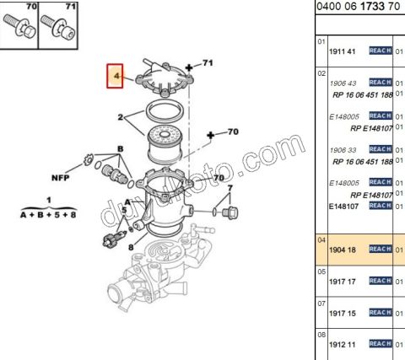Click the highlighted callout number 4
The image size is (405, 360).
point(116,76)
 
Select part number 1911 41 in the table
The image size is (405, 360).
point(343,51)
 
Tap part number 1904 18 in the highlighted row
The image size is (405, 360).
point(343,250)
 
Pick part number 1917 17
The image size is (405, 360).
point(343,282)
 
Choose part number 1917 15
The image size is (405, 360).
point(343,314)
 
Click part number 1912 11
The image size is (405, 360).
point(343,345)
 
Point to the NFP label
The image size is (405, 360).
point(60,178)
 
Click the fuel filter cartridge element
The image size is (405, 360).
point(165,144)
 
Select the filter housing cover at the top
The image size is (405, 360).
point(165,78)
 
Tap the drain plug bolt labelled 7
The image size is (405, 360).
point(230,212)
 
